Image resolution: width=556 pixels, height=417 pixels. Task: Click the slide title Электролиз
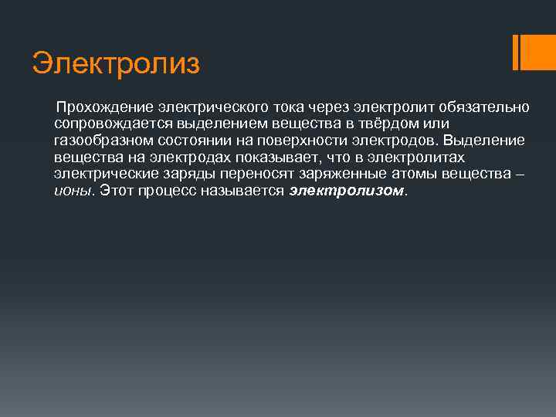point(116,63)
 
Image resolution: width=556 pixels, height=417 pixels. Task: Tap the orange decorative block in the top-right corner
point(533,52)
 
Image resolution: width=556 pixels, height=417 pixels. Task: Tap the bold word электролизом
point(347,192)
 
